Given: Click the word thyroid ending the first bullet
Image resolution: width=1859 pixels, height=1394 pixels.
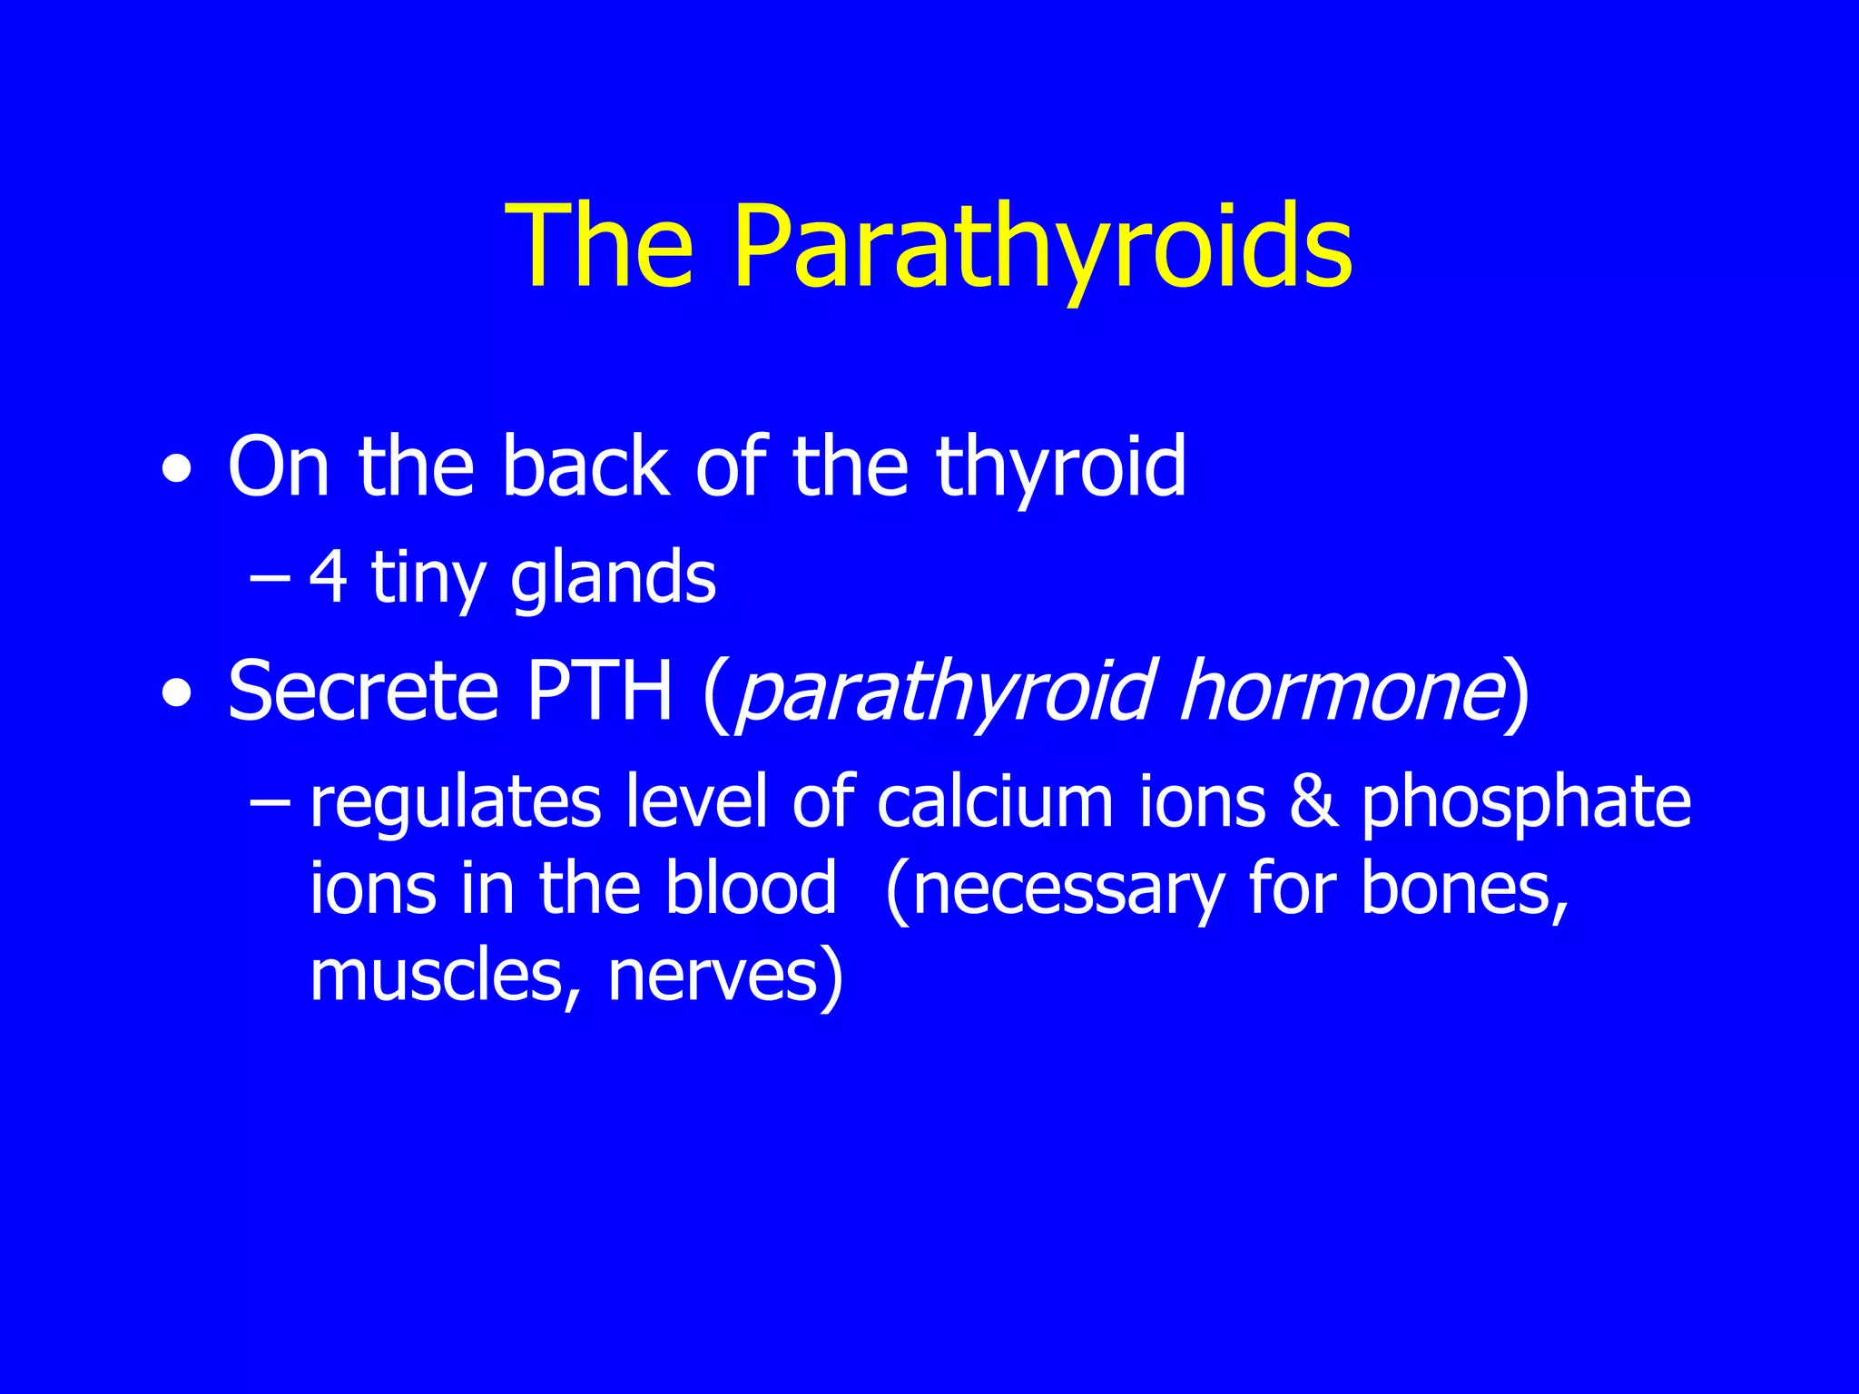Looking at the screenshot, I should click(x=1060, y=468).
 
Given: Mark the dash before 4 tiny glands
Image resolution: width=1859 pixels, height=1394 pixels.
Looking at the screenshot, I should click(x=270, y=578).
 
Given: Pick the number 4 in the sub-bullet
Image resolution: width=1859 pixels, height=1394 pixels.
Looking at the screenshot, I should click(x=328, y=577).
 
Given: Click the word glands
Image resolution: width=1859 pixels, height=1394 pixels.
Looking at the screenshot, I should click(x=613, y=579).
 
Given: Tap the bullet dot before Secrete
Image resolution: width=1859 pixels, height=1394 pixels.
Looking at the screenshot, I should click(x=176, y=694).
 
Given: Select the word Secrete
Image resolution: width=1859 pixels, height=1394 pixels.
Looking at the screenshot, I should click(x=363, y=692).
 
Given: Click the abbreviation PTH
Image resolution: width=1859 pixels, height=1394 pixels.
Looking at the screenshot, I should click(x=599, y=692).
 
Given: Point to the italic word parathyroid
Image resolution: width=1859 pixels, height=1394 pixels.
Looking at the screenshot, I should click(x=945, y=694).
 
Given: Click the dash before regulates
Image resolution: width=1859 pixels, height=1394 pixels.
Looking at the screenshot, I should click(x=270, y=802).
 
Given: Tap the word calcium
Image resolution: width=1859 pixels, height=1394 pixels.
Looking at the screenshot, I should click(x=995, y=802).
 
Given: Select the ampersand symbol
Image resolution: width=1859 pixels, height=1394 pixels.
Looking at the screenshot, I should click(x=1313, y=802).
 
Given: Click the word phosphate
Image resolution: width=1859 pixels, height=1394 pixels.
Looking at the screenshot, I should click(x=1526, y=804).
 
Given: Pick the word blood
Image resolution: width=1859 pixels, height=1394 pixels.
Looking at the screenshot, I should click(x=751, y=888).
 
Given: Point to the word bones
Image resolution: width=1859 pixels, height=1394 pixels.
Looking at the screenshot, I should click(x=1462, y=888).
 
